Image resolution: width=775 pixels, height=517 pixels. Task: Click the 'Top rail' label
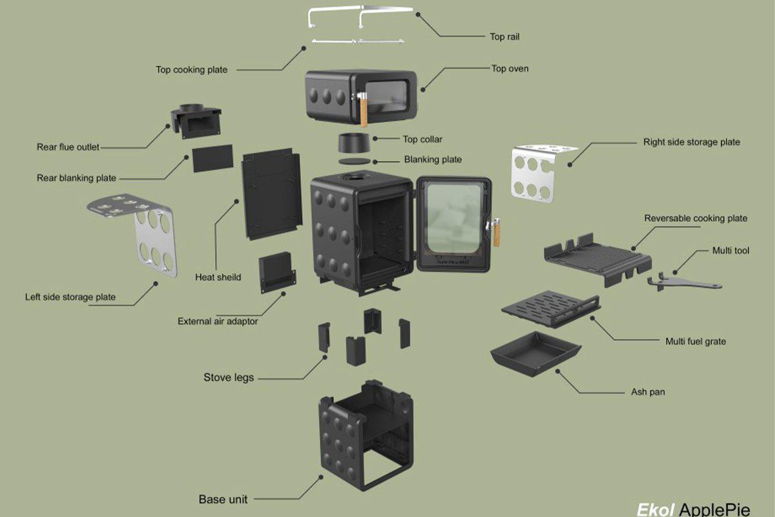point(504,37)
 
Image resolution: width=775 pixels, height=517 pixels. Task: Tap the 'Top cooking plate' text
point(191,70)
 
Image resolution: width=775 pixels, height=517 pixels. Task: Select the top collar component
point(354,143)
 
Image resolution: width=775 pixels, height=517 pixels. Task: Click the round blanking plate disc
point(355,162)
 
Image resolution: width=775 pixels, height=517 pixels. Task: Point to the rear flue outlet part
point(196,121)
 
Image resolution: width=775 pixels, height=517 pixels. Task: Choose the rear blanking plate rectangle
point(212,158)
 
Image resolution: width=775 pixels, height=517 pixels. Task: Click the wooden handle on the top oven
point(364,110)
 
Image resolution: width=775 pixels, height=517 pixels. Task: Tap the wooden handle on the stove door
point(496,232)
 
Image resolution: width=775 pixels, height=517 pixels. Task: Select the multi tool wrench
point(684,282)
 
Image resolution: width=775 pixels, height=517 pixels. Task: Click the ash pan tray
point(535,353)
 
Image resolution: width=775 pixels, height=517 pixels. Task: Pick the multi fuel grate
point(551,308)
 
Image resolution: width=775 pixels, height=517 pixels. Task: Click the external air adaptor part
point(277,273)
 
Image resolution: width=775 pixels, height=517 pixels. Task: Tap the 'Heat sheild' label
point(218,277)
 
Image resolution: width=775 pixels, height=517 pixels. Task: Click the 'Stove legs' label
point(229,377)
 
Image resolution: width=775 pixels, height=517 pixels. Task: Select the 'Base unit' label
point(223,500)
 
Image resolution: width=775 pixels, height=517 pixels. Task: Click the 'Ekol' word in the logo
point(656,509)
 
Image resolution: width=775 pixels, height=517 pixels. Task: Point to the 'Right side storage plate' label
point(692,142)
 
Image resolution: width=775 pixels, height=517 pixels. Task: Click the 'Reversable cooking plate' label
point(696,218)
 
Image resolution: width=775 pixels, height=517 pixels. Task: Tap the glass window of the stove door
point(454,218)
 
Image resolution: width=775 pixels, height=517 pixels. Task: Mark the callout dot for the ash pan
point(558,371)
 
